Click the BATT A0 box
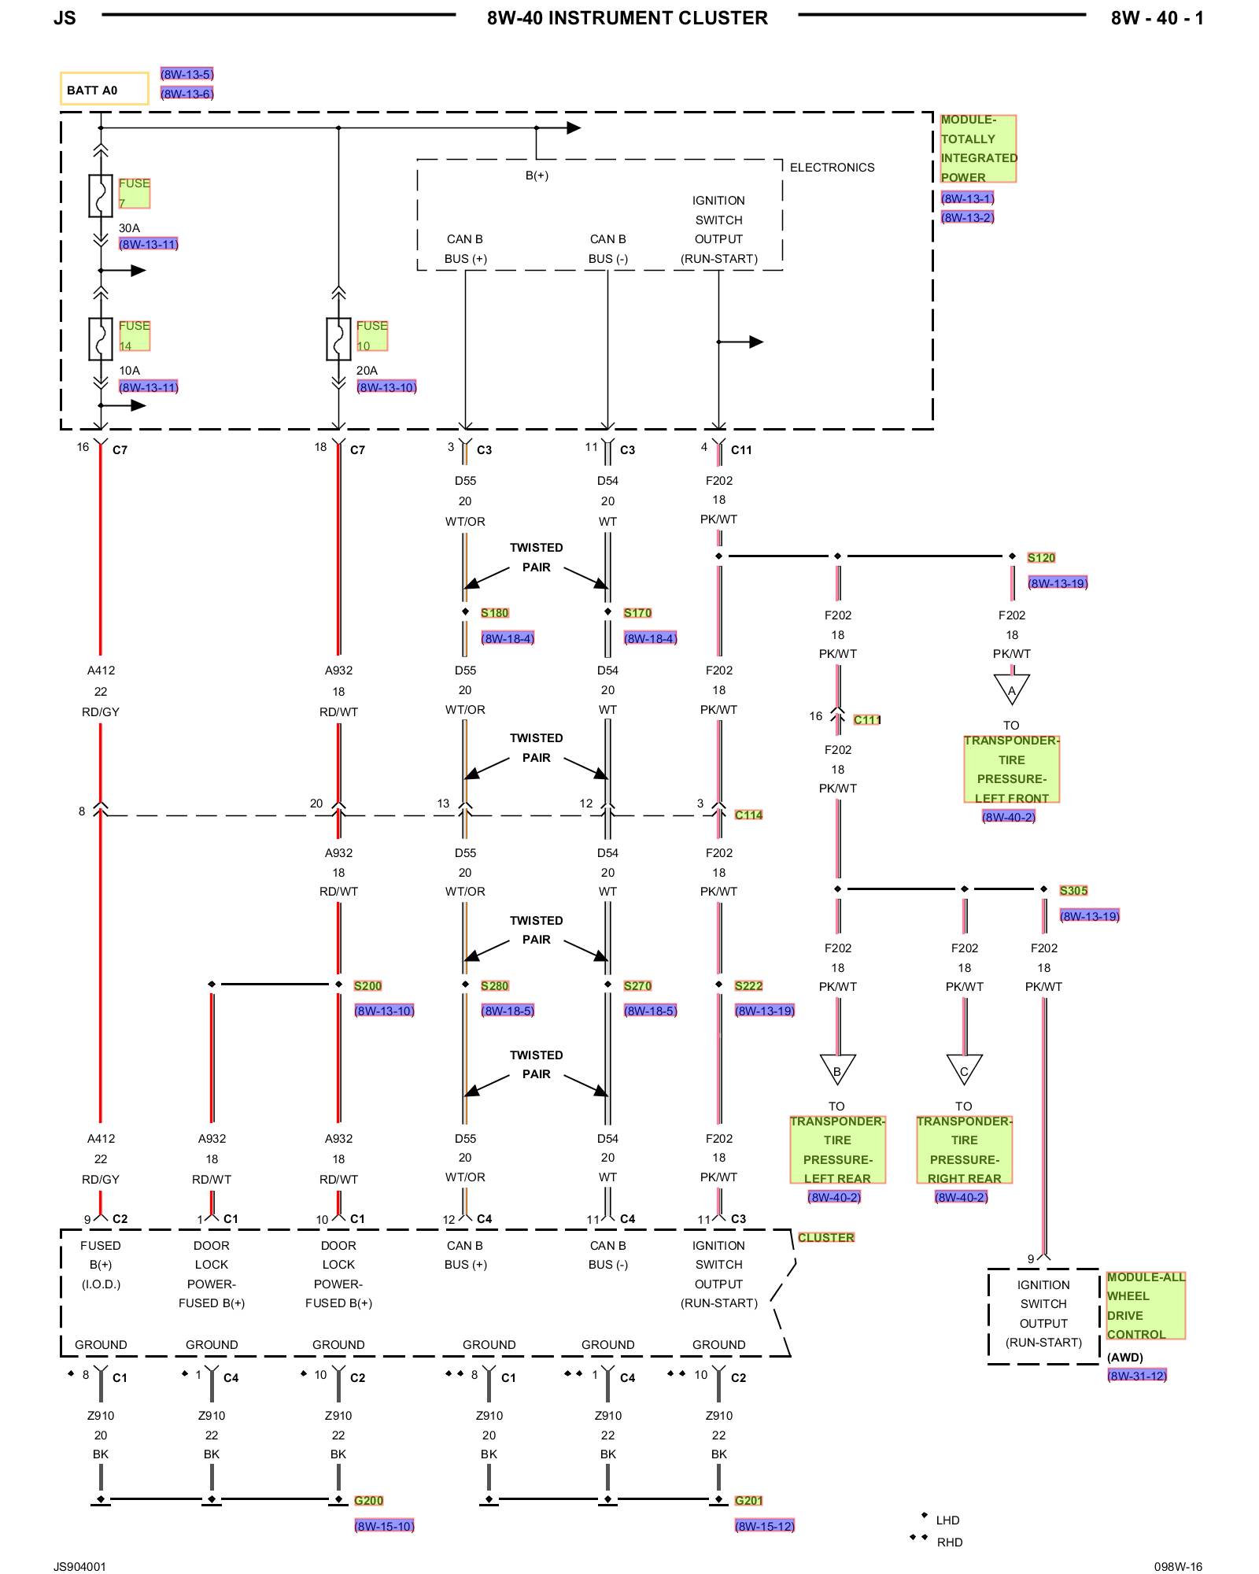pos(104,89)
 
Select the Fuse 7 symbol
pos(101,196)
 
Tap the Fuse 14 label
pos(134,335)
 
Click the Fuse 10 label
pos(371,335)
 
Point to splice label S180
pos(495,613)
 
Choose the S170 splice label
pos(637,613)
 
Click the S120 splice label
pos(1041,558)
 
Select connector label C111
pos(867,719)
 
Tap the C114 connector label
pos(748,815)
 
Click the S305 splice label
pos(1073,891)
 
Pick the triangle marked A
pos(1012,689)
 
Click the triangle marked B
pos(837,1070)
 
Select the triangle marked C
pos(964,1070)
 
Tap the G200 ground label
pos(368,1501)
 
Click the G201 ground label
pos(748,1501)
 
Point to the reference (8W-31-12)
pos(1137,1376)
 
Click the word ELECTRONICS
pos(832,168)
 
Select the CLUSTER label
pos(825,1237)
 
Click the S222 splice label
pos(748,986)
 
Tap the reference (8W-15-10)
pos(384,1526)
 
